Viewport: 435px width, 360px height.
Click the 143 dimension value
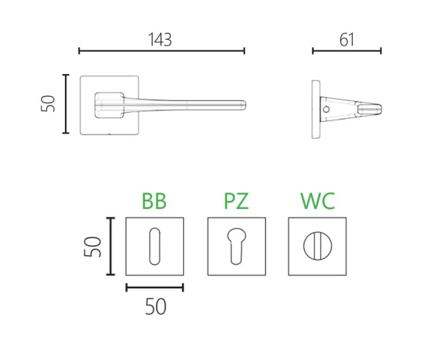tap(160, 40)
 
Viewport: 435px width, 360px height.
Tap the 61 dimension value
tap(347, 40)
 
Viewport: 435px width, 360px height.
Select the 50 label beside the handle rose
tap(48, 104)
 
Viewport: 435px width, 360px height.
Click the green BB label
tap(154, 201)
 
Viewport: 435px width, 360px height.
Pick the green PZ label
tap(236, 201)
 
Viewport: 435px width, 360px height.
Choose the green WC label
tap(318, 201)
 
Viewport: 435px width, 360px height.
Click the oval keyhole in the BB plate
tap(155, 246)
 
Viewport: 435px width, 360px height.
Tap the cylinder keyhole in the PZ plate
tap(237, 246)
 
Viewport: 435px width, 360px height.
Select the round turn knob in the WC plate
tap(318, 246)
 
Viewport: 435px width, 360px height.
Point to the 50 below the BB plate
tap(156, 307)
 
